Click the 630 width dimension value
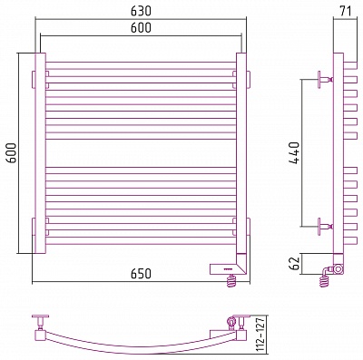click(x=141, y=11)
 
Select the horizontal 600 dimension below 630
click(x=141, y=27)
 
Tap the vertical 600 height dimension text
click(x=12, y=153)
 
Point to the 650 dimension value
click(x=141, y=274)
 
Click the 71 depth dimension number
click(x=346, y=11)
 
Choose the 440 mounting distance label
click(x=294, y=152)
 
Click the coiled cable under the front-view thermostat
click(x=231, y=281)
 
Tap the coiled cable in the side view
click(x=324, y=280)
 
